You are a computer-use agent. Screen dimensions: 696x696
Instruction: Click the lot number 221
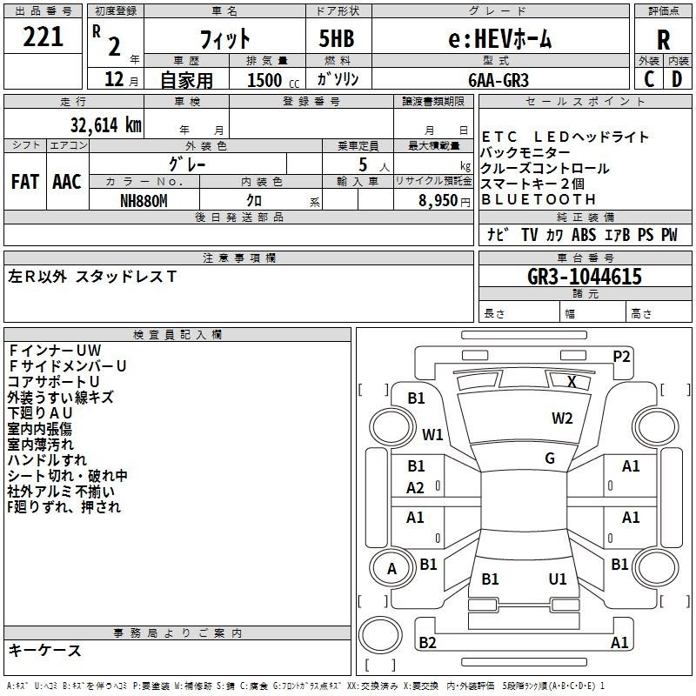(x=43, y=37)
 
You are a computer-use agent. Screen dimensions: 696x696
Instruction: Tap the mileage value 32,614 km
(x=105, y=125)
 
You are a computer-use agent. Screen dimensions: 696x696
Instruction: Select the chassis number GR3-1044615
(x=585, y=277)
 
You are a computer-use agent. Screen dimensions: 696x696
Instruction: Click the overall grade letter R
(x=663, y=39)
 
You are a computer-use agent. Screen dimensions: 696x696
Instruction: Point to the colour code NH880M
(x=144, y=201)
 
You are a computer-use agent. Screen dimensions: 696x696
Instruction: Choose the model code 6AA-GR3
(x=499, y=80)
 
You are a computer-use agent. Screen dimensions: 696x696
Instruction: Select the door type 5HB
(x=337, y=38)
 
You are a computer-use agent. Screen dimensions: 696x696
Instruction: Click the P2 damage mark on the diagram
(x=621, y=357)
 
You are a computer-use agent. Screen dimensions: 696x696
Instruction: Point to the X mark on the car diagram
(x=572, y=382)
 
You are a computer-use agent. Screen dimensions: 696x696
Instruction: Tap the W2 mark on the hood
(x=562, y=418)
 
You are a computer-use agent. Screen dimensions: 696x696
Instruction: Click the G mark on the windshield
(x=550, y=458)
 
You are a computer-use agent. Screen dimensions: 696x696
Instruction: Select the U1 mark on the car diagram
(x=558, y=579)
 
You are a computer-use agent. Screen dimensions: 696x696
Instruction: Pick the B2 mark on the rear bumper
(x=427, y=642)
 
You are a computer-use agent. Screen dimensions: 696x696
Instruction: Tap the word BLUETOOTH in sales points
(x=539, y=200)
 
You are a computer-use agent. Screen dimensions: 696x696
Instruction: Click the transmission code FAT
(x=25, y=182)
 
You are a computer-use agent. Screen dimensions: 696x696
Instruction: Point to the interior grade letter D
(x=677, y=79)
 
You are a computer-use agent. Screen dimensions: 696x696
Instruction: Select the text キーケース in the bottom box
(x=44, y=651)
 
